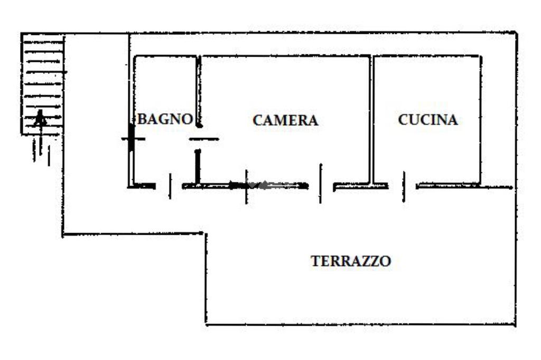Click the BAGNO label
164,119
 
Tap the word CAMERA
285,121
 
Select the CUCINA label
427,120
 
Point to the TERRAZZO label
351,261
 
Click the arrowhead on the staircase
40,117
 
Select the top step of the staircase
42,38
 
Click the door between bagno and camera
203,140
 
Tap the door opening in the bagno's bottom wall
169,186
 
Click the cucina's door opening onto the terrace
403,186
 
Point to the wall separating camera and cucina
371,119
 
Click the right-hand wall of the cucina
480,119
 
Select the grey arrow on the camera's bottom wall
275,185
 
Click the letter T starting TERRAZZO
316,261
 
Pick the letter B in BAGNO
142,119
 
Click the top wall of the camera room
285,56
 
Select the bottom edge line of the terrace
359,324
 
